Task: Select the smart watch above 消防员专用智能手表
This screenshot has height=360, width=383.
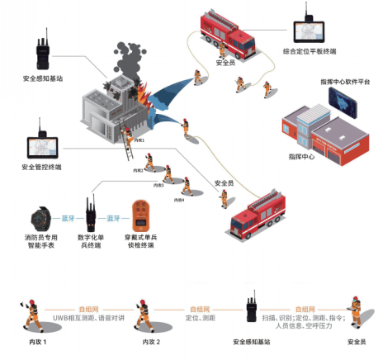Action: (x=39, y=220)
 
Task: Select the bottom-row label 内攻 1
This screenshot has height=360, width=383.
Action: (x=30, y=340)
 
